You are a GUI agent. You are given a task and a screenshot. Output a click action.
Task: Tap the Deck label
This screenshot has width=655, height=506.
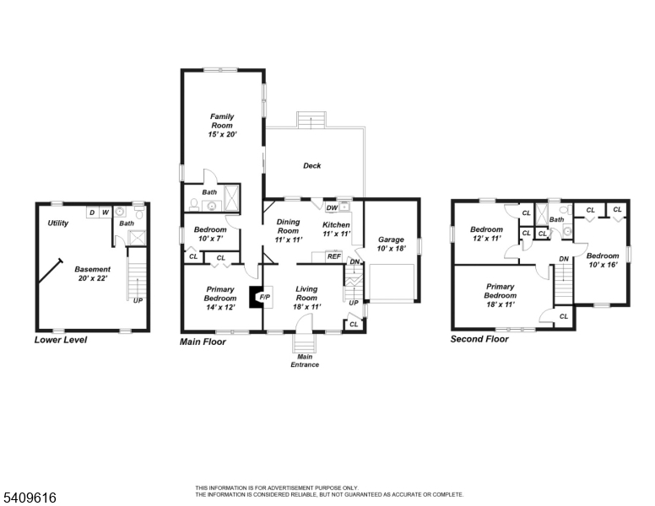point(312,166)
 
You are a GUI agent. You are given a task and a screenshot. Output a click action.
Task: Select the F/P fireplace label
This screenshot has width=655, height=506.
point(265,297)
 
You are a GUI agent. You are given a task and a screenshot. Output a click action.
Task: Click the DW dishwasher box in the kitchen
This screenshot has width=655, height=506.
point(332,207)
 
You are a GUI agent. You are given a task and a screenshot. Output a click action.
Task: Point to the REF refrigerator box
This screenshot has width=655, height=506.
point(333,256)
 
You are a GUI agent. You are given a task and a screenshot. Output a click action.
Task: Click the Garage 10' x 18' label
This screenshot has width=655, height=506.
point(391,244)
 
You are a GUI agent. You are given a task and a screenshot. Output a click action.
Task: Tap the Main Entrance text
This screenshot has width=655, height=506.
point(305,361)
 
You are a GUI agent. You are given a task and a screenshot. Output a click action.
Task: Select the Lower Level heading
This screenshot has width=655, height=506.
point(61,340)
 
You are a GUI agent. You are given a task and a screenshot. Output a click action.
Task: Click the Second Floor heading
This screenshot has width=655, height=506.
point(479,339)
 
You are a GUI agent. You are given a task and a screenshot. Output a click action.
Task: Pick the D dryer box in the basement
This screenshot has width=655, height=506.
point(92,213)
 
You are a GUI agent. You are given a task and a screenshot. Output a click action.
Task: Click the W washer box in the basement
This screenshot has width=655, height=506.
point(106,213)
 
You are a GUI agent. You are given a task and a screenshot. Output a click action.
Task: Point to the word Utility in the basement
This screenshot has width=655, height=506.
point(57,223)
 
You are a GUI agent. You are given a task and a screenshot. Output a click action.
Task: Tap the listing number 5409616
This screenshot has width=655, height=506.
point(30,498)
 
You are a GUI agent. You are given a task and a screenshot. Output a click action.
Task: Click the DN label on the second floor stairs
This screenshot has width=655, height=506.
point(564,259)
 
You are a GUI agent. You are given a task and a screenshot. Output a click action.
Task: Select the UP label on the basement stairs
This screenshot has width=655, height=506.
point(138,300)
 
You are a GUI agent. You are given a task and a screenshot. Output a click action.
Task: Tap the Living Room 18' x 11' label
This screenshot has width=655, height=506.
point(306,298)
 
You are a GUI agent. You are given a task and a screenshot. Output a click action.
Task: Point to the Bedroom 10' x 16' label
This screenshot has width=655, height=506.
point(603,260)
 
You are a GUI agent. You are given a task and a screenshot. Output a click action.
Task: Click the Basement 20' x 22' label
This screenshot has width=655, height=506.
point(92,273)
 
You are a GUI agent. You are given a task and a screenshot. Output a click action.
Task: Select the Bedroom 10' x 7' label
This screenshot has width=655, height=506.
point(210,234)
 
